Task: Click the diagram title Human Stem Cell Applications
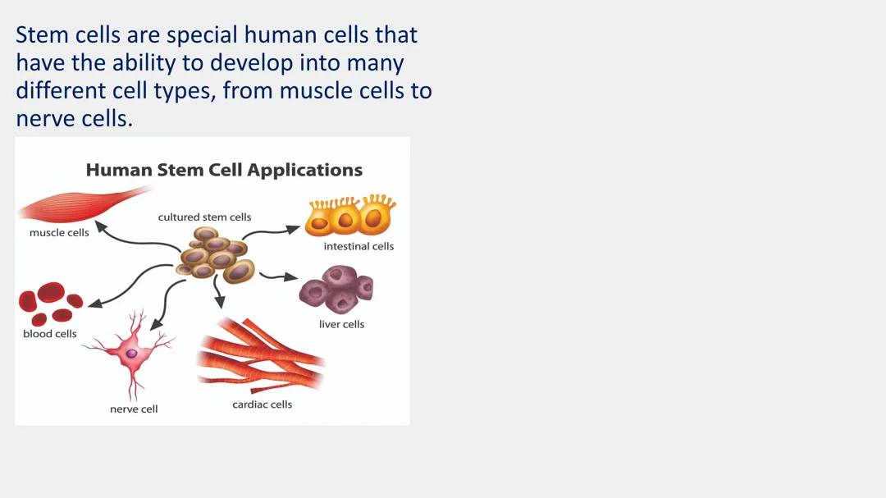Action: coord(224,171)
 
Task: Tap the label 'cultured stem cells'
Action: coord(204,217)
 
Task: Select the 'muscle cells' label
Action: coord(59,233)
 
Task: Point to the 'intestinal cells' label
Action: coord(359,246)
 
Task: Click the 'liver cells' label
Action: coord(341,324)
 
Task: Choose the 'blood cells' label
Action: coord(50,334)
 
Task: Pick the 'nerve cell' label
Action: coord(134,409)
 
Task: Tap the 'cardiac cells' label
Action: coord(262,404)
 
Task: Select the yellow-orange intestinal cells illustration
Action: coord(349,217)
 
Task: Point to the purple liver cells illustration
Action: coord(336,289)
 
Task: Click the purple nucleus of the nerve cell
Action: coord(131,353)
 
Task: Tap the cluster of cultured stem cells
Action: coord(214,256)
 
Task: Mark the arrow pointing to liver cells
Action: coord(280,276)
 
